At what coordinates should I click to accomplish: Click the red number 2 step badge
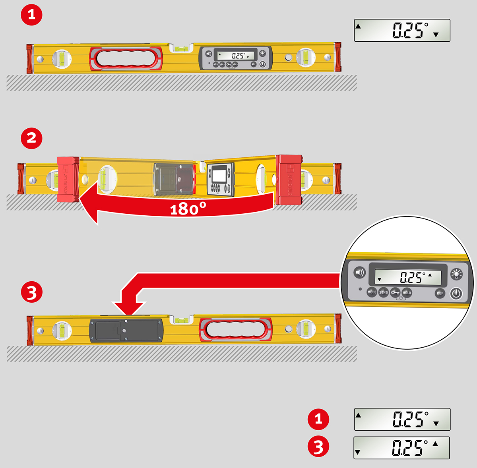[31, 138]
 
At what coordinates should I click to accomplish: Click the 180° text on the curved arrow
[188, 209]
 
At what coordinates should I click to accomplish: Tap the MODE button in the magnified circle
[372, 292]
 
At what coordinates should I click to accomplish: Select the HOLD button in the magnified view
[407, 293]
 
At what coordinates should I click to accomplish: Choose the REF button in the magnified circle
[440, 293]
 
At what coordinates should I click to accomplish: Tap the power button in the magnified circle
[456, 294]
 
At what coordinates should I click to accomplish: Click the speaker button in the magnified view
[360, 273]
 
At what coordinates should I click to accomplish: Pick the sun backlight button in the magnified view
[457, 274]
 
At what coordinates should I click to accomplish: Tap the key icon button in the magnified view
[395, 293]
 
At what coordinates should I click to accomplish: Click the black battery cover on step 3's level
[126, 330]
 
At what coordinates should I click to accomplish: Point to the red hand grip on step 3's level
[235, 329]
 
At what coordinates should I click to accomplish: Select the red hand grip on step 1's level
[126, 59]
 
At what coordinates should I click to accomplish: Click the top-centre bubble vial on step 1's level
[182, 48]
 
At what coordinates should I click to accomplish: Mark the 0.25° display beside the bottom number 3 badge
[401, 448]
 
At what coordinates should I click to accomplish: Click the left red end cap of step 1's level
[29, 59]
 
